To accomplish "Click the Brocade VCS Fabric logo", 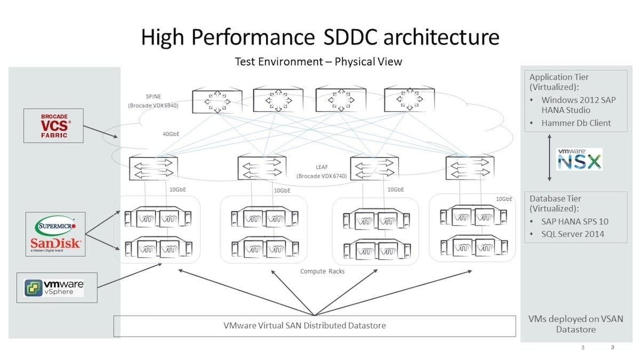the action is click(x=54, y=126).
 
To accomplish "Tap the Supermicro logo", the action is click(x=55, y=226).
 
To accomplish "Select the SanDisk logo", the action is click(x=55, y=244).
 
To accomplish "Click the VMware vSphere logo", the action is click(x=54, y=287).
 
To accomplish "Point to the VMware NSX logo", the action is click(x=579, y=159).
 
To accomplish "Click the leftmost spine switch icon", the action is click(x=217, y=101).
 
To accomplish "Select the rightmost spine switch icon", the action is click(x=410, y=99).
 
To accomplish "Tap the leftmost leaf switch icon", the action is click(x=154, y=167).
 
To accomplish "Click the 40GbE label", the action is click(x=171, y=134).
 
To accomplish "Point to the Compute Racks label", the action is click(x=322, y=271).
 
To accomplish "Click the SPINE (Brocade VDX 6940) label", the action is click(x=153, y=101).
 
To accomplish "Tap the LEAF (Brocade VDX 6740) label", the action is click(x=322, y=171).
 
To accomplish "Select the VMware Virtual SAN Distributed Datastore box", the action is click(x=315, y=326).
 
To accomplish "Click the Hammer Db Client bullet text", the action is click(x=576, y=123).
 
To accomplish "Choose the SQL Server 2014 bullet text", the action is click(x=573, y=234).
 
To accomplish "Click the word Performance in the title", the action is click(x=253, y=37).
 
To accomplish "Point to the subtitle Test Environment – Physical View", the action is click(x=318, y=62).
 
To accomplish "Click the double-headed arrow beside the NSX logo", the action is click(x=549, y=158).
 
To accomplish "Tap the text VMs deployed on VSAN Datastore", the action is click(x=575, y=324).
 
